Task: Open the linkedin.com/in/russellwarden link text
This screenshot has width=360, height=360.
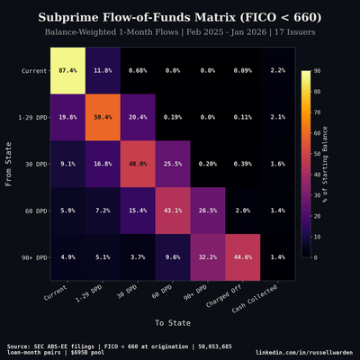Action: point(304,352)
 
